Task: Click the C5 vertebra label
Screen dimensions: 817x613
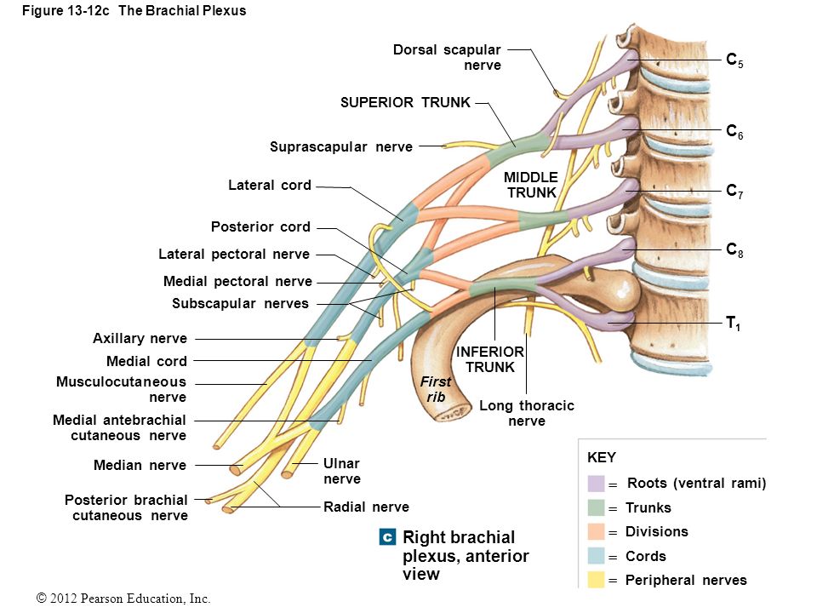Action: tap(734, 60)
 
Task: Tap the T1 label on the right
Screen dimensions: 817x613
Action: tap(733, 324)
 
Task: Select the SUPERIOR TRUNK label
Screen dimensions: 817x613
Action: tap(405, 103)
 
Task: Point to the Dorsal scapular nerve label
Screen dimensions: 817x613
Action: tap(447, 57)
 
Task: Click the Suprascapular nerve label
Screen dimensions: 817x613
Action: tap(341, 147)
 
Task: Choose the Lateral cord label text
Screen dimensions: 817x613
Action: tap(270, 185)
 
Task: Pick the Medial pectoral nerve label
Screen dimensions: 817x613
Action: tap(237, 282)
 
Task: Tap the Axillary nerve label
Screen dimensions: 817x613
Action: tap(140, 339)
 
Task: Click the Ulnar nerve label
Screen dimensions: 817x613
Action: tap(342, 471)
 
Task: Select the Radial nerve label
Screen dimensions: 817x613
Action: tap(366, 507)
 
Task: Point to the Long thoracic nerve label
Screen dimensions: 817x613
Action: tap(527, 413)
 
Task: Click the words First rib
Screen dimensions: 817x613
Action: tap(436, 389)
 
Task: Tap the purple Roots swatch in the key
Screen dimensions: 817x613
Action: tap(596, 484)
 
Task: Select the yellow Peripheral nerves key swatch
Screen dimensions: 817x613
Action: tap(596, 580)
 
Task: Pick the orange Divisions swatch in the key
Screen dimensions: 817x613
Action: tap(596, 531)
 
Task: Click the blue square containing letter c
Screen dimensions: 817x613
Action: tap(387, 537)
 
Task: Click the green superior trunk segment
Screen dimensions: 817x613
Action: tap(519, 144)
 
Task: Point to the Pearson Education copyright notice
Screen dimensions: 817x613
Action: tap(123, 599)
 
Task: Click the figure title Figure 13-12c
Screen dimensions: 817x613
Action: tap(66, 11)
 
